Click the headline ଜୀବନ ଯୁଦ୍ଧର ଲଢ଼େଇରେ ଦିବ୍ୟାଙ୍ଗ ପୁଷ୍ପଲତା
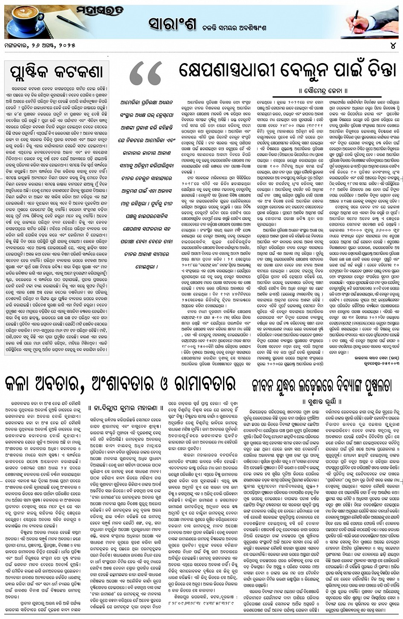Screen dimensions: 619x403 (321, 386)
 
